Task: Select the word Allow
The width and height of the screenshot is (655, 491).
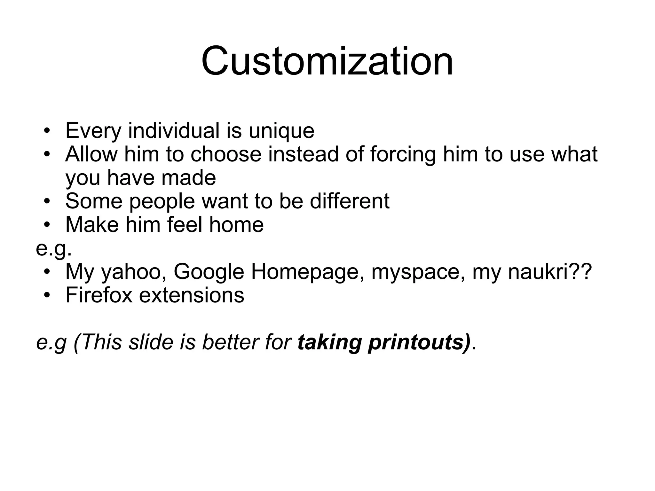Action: pos(91,154)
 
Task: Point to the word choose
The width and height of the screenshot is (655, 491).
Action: pos(226,154)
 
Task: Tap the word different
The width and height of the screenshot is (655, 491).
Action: pos(350,201)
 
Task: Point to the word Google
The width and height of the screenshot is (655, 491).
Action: pos(209,272)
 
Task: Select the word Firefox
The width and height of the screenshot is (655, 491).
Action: pos(99,295)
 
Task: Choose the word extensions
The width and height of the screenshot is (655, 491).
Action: pos(192,295)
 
